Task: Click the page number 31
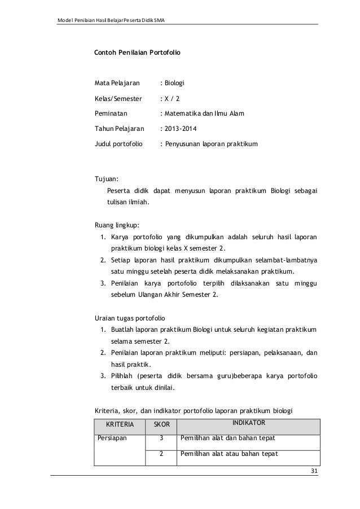[x=314, y=472]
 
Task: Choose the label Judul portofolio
[x=117, y=144]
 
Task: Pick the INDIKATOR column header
[x=249, y=422]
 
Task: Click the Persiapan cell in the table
[x=112, y=438]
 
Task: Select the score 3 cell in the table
[x=161, y=438]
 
